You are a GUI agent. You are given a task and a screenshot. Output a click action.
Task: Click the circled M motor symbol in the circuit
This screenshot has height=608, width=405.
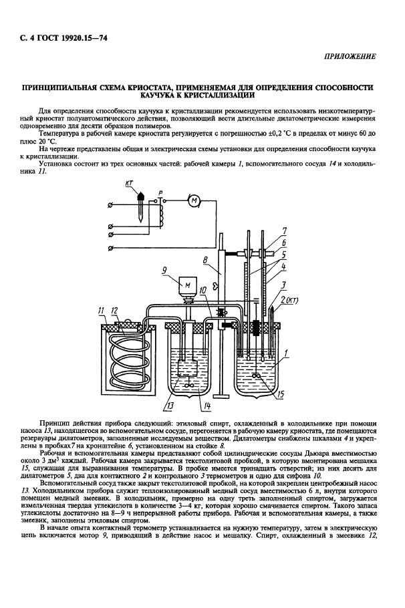pyautogui.click(x=194, y=201)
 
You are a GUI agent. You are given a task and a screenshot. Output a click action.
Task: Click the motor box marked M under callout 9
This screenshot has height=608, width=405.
pyautogui.click(x=187, y=286)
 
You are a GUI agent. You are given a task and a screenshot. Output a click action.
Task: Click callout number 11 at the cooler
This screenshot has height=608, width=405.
pyautogui.click(x=101, y=311)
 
